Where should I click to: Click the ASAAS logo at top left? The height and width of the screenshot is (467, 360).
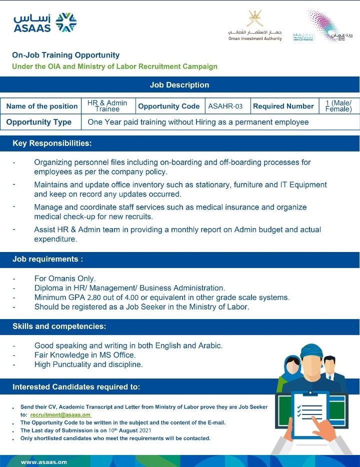pos(45,23)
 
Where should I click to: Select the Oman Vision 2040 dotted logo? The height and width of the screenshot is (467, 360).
pos(327,25)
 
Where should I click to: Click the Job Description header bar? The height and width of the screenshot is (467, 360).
pos(179,85)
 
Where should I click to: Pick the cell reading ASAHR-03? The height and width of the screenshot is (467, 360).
pos(225,106)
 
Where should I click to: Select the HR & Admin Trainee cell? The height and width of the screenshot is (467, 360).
pos(107,106)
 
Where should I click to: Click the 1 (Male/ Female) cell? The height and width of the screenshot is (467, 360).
pos(338,106)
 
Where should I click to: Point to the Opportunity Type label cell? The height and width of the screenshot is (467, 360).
pos(39,122)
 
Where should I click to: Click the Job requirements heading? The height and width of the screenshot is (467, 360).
pos(47,259)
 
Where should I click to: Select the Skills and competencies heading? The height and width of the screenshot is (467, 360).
pos(59,327)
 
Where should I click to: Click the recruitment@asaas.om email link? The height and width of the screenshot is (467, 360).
pos(60,415)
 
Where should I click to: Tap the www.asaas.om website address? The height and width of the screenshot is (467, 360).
pos(44,462)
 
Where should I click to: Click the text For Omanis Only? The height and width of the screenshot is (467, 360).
pos(65,278)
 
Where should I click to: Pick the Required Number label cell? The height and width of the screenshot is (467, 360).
pos(283,106)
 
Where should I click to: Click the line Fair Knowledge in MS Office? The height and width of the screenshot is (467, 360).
pos(85,355)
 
